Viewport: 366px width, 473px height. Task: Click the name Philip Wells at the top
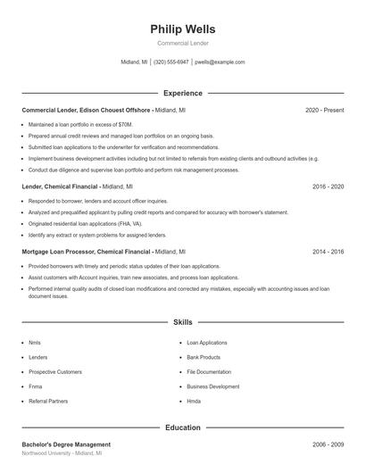[183, 29]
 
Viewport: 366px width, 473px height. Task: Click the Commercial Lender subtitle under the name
[183, 43]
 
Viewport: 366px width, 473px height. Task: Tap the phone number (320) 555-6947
[171, 62]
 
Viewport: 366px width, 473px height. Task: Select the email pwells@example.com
[220, 62]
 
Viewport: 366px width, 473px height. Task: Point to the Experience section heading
[183, 93]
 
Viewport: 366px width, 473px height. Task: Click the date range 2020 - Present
[324, 110]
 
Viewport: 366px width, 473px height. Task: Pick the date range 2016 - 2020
[328, 187]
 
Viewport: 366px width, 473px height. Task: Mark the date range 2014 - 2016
[328, 253]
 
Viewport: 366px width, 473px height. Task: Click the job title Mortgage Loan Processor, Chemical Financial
[86, 253]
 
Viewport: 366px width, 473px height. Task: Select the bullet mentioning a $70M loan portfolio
[80, 124]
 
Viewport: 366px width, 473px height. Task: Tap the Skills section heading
[183, 321]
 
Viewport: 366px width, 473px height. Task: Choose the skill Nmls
[35, 343]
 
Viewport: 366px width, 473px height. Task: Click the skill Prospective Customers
[55, 372]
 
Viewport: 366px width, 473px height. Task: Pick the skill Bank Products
[204, 357]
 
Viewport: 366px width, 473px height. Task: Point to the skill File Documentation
[209, 372]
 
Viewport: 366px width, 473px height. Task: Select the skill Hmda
[194, 402]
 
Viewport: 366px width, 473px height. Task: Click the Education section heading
[183, 427]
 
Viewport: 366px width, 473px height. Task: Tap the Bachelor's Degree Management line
[66, 444]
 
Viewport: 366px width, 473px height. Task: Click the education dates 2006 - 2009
[328, 444]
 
